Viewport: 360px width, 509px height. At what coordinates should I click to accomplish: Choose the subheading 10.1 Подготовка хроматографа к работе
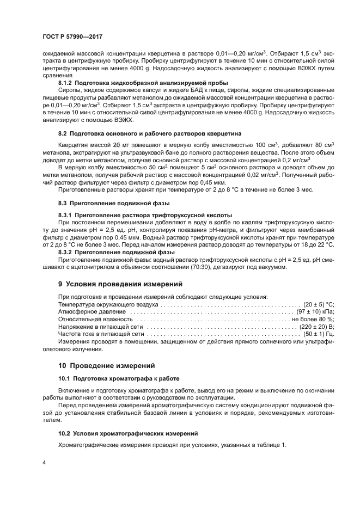pyautogui.click(x=119, y=378)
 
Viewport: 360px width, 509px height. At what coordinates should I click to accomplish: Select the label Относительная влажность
pyautogui.click(x=95, y=318)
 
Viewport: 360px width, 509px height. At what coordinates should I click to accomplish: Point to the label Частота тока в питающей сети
pyautogui.click(x=101, y=333)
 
